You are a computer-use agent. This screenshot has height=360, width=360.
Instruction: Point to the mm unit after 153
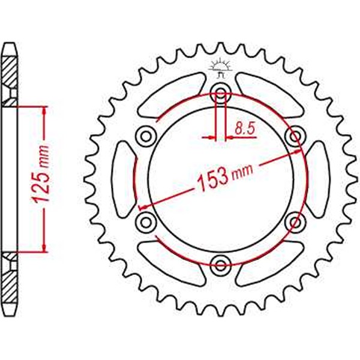point(241,171)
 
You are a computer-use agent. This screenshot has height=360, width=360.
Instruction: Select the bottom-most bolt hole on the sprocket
point(220,263)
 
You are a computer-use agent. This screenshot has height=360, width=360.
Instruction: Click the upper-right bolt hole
point(294,136)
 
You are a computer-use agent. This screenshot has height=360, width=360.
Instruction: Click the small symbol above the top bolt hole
point(220,69)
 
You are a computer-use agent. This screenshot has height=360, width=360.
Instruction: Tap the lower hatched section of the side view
point(11,282)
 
